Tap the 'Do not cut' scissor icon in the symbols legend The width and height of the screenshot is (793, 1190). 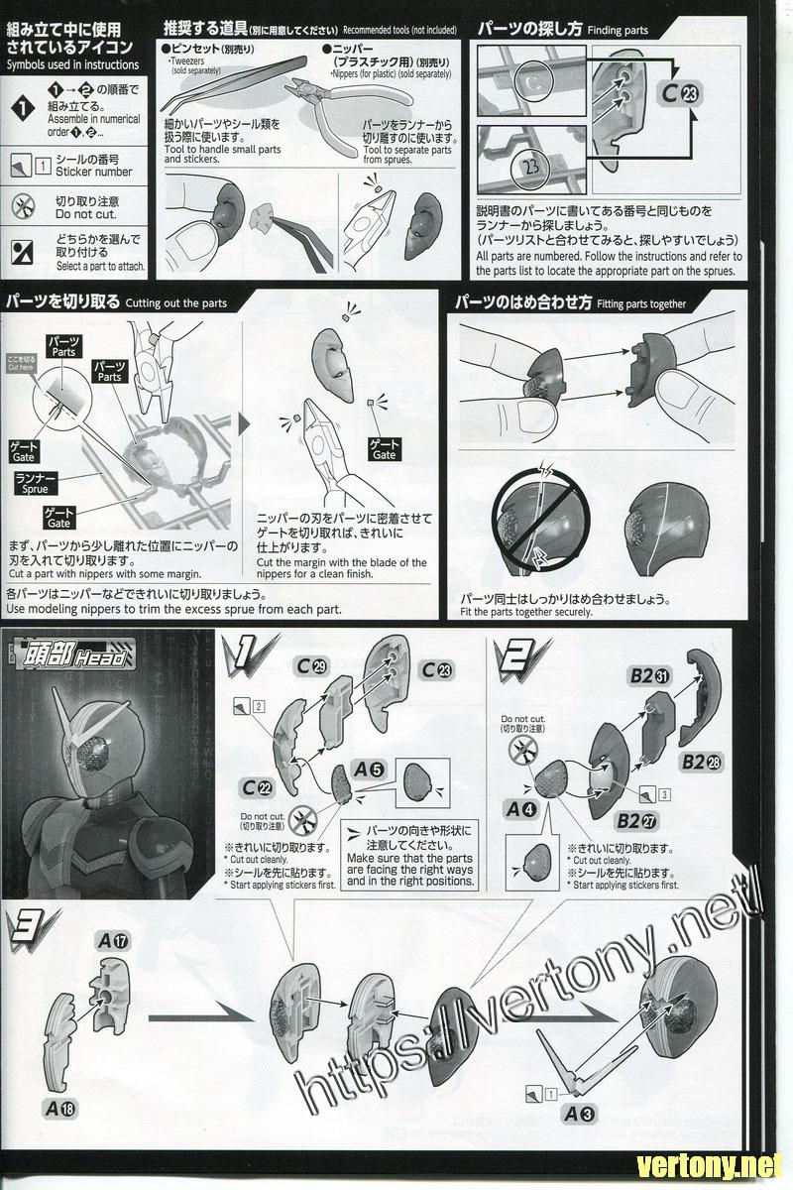(x=22, y=206)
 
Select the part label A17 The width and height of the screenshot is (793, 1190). (x=111, y=937)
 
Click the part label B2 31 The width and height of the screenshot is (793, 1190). (x=649, y=676)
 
